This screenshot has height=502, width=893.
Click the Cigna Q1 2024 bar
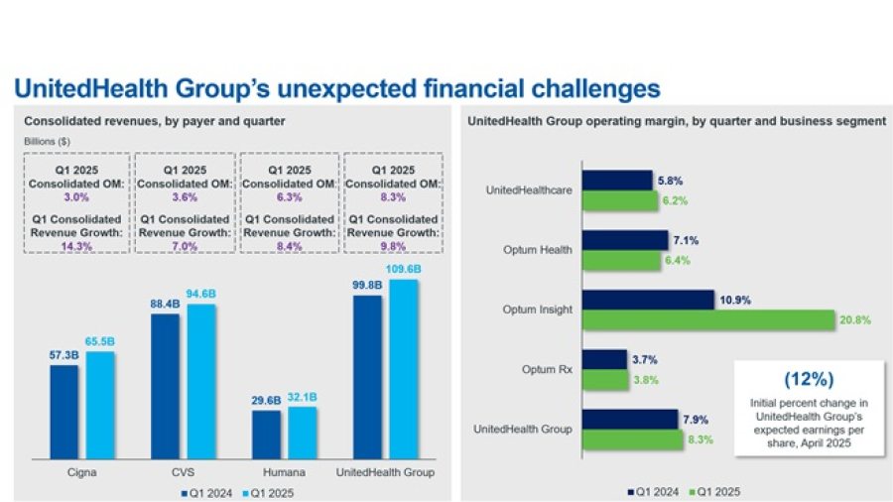pos(64,411)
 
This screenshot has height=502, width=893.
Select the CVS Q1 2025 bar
pos(202,381)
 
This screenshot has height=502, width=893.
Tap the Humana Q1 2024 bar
pos(266,434)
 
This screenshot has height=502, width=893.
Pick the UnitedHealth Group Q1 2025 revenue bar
pos(404,369)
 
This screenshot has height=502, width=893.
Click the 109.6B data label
pos(404,270)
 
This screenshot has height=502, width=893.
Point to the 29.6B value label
pos(265,399)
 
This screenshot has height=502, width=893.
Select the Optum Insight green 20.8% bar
pos(707,319)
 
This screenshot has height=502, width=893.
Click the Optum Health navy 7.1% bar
pos(624,240)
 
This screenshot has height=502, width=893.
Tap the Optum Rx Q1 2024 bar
pos(603,359)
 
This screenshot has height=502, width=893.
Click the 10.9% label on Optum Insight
pos(732,297)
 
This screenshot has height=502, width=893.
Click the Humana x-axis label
pos(285,472)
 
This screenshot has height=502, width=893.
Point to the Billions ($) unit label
pos(47,142)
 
